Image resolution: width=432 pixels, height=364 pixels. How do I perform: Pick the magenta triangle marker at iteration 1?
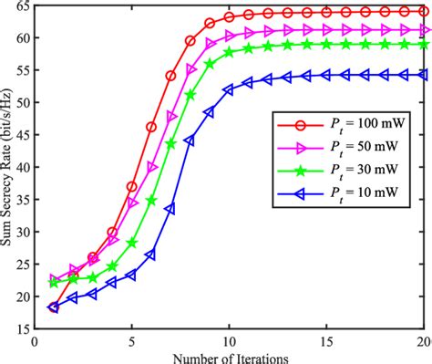click(54, 280)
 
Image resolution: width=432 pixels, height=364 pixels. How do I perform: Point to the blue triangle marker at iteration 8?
click(190, 140)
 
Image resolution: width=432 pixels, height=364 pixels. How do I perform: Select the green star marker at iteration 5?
click(132, 243)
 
